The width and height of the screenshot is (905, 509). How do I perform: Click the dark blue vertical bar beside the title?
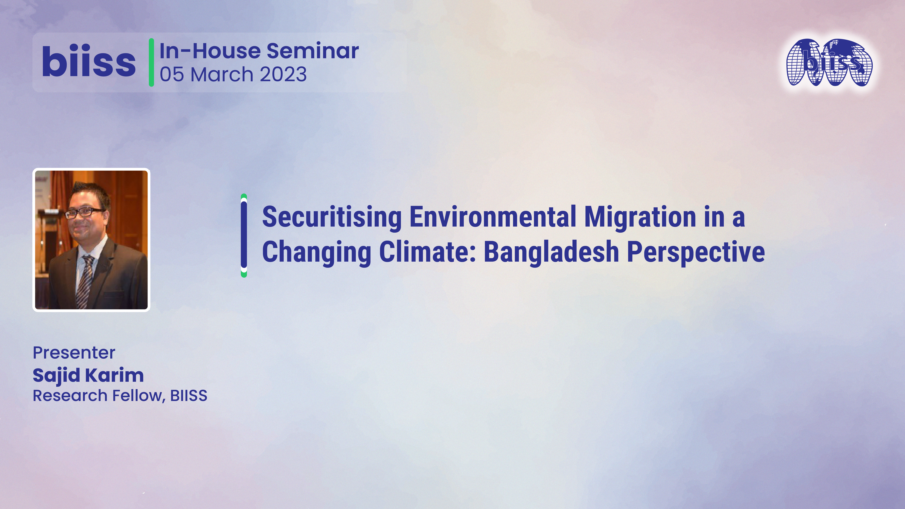(x=244, y=235)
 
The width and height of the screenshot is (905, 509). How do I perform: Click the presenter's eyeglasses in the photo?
(x=84, y=212)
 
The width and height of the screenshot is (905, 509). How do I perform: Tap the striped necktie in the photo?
(x=85, y=281)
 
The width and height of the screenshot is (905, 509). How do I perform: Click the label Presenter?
(x=74, y=353)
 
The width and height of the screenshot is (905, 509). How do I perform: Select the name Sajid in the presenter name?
(x=56, y=375)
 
